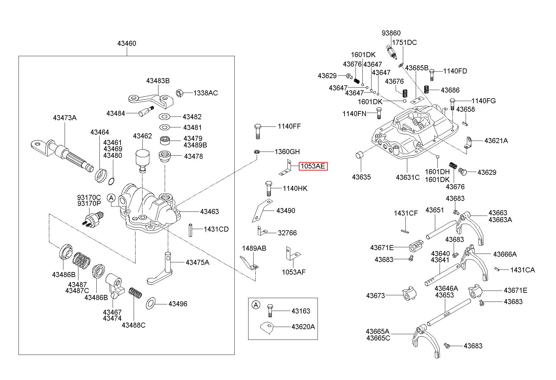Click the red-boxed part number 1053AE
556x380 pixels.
313,166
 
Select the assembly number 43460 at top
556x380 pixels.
127,43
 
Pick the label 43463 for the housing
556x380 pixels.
210,211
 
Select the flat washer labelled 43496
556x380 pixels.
151,304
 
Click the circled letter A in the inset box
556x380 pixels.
256,304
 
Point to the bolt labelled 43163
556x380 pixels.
270,311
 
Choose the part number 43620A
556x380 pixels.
303,327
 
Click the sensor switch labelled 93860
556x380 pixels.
392,51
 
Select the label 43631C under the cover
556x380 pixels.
408,177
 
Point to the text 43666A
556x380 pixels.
505,254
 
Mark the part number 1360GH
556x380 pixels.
287,152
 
